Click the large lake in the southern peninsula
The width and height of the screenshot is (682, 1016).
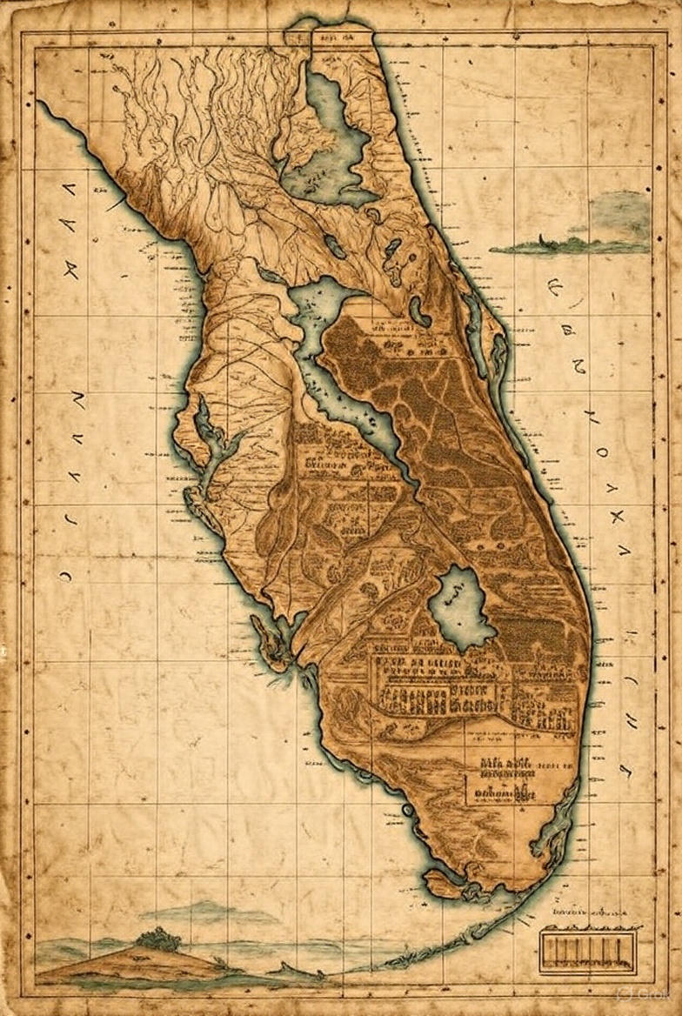(x=462, y=608)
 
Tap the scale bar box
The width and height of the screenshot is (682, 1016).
(x=582, y=950)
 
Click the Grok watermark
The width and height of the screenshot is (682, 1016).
(x=640, y=994)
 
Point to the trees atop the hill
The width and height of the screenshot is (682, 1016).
(x=159, y=939)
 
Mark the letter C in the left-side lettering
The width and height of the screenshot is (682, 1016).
(x=66, y=574)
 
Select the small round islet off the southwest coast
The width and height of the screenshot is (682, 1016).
(x=407, y=810)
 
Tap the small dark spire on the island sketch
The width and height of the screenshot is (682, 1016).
(x=541, y=238)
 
